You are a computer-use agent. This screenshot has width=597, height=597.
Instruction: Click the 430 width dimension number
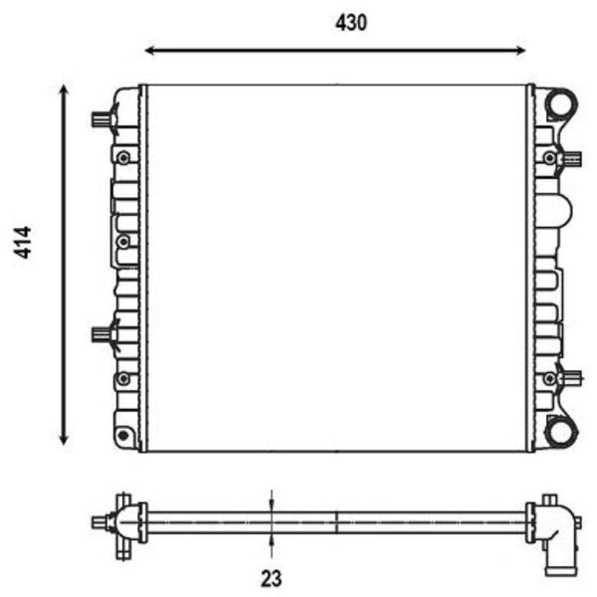pyautogui.click(x=351, y=23)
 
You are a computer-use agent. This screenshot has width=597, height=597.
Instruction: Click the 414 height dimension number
pyautogui.click(x=23, y=242)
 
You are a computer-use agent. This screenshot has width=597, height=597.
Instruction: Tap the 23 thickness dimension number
pyautogui.click(x=272, y=578)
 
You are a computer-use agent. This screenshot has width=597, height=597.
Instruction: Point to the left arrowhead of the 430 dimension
pyautogui.click(x=150, y=50)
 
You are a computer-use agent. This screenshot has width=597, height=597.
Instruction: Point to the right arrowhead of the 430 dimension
pyautogui.click(x=520, y=50)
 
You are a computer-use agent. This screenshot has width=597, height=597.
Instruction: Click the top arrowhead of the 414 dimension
pyautogui.click(x=64, y=91)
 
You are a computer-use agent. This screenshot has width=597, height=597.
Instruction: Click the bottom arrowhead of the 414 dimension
pyautogui.click(x=64, y=440)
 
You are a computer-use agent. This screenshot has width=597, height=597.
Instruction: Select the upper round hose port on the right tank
pyautogui.click(x=561, y=103)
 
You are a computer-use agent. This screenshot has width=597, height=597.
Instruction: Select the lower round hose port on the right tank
pyautogui.click(x=561, y=432)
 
